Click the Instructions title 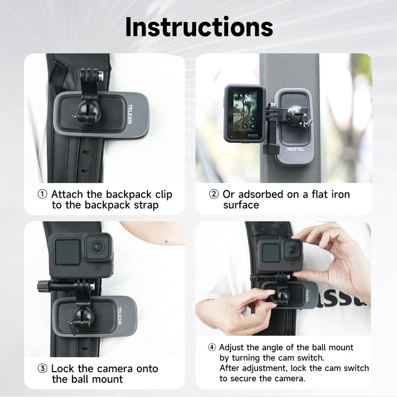click(198, 27)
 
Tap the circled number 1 click(43, 195)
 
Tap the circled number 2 click(214, 195)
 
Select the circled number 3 click(43, 369)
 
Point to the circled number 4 click(212, 347)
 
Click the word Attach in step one click(67, 195)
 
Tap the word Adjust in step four click(232, 347)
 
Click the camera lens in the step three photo click(98, 247)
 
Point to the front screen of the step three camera click(66, 252)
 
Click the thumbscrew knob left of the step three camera click(41, 286)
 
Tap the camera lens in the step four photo click(292, 249)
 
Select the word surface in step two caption click(241, 205)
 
